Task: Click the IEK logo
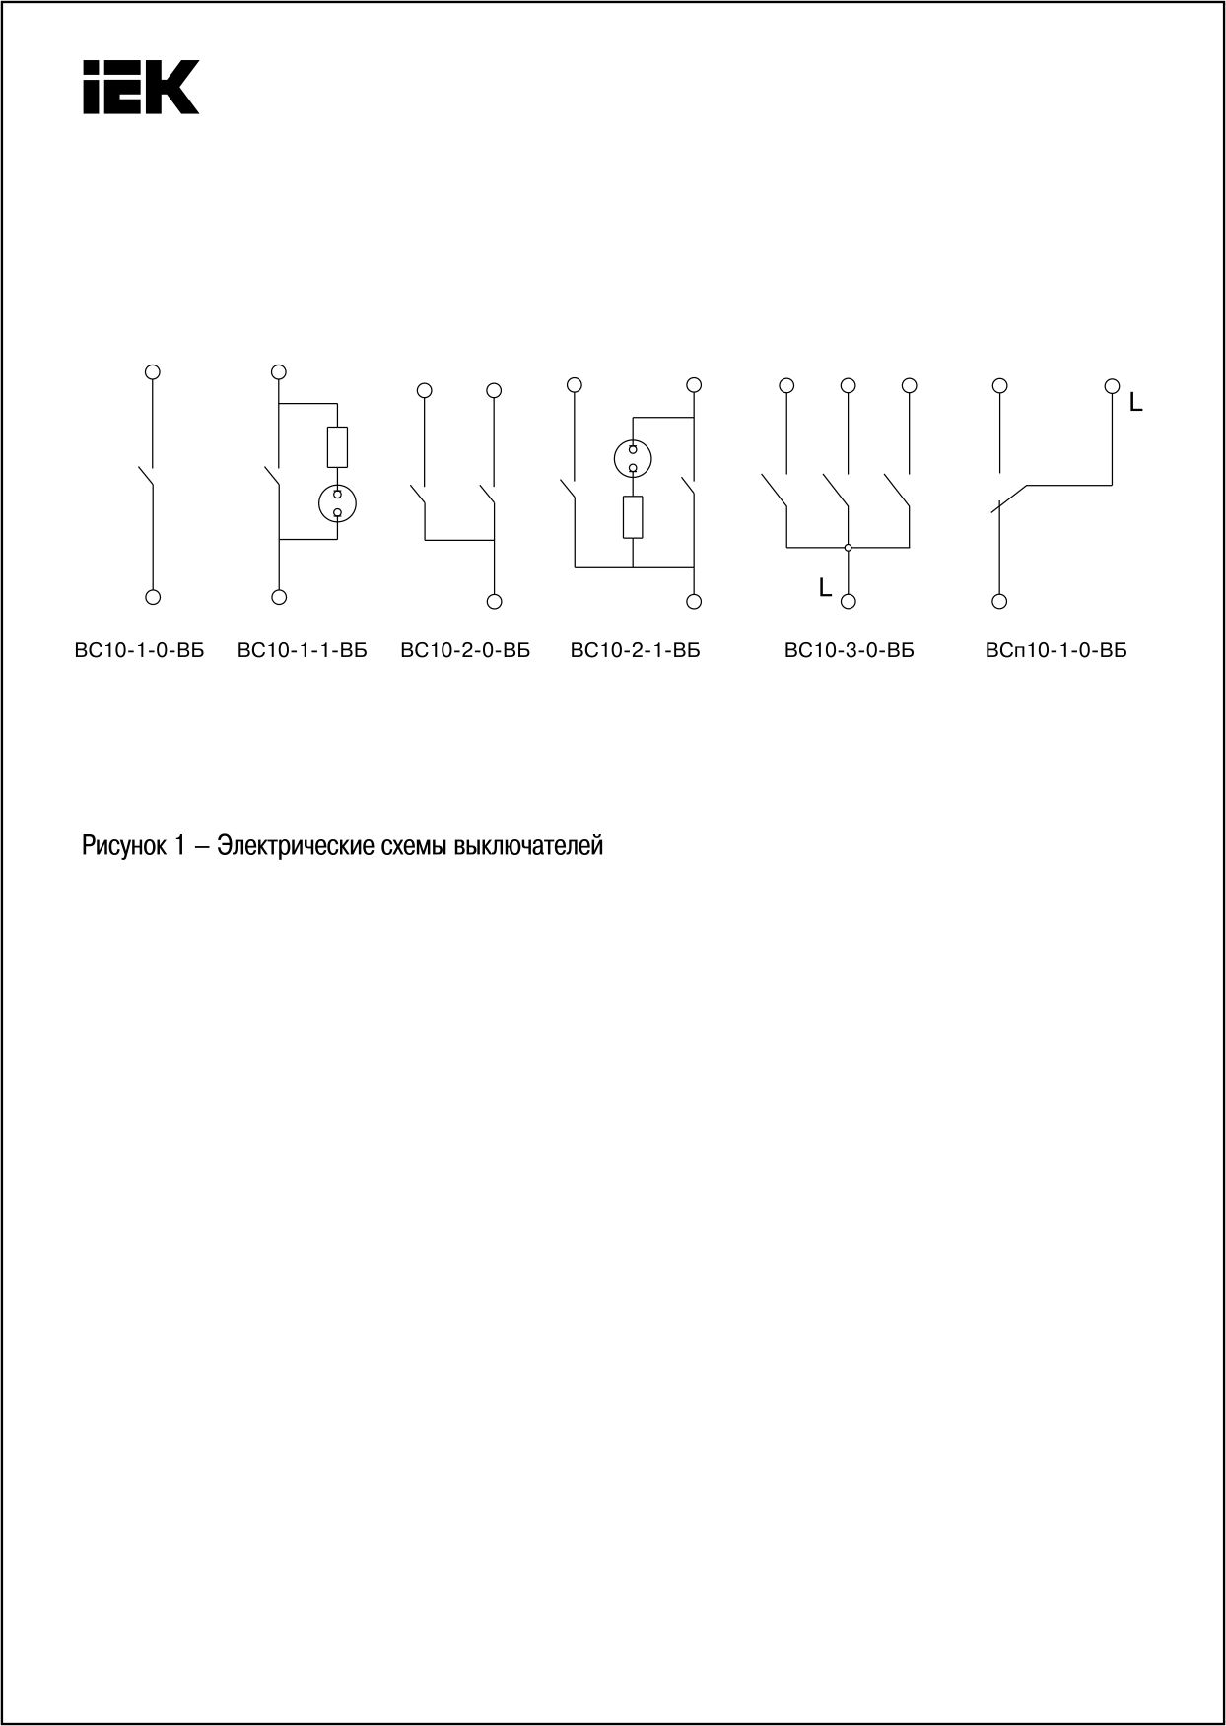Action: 141,87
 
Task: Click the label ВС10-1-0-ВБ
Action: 139,650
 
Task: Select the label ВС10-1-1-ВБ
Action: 303,650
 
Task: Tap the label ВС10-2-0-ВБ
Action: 465,650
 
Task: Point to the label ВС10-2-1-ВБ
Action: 636,650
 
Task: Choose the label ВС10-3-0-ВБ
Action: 850,650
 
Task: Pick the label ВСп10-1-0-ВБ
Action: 1056,650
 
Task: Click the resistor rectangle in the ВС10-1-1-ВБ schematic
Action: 337,447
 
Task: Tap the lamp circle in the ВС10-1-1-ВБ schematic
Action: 337,502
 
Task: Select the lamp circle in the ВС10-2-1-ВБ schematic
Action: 633,457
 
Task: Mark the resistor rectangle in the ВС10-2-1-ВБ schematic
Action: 633,517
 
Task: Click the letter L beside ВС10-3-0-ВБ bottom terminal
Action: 825,588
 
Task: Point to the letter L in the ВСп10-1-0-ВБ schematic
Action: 1136,403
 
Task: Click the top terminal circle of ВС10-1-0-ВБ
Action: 153,371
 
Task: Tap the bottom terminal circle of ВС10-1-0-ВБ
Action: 153,596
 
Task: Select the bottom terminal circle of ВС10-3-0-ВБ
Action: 848,601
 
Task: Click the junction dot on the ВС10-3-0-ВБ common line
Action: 848,547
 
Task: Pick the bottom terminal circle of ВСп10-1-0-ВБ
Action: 999,601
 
